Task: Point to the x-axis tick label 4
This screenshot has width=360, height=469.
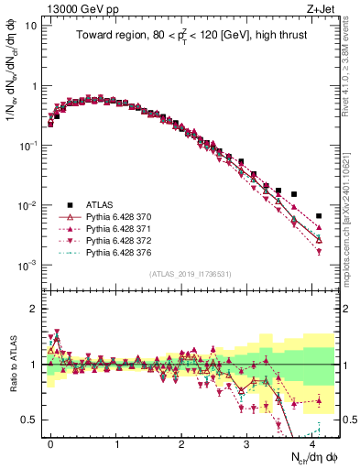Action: pyautogui.click(x=312, y=442)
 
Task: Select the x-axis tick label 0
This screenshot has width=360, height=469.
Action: pyautogui.click(x=51, y=442)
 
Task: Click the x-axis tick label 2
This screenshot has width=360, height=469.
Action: pyautogui.click(x=181, y=442)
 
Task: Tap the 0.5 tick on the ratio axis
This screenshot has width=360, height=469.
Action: pyautogui.click(x=28, y=420)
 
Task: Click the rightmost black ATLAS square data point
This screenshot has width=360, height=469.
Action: pyautogui.click(x=318, y=216)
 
